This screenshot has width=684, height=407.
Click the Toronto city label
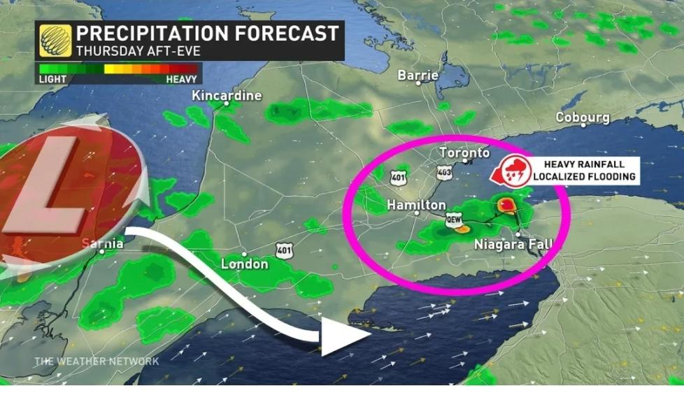(x=464, y=152)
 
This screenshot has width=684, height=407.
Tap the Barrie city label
(x=418, y=75)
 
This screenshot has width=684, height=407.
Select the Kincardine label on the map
(x=227, y=95)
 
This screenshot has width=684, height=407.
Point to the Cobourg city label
(x=583, y=117)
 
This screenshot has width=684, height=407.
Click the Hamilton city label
(x=417, y=205)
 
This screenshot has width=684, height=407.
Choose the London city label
(x=244, y=264)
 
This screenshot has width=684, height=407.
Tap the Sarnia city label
(x=102, y=243)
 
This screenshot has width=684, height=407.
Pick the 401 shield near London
(x=284, y=250)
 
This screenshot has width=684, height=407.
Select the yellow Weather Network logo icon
(x=55, y=40)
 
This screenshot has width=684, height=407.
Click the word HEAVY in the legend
(x=181, y=80)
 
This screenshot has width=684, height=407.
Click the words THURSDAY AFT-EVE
(x=127, y=50)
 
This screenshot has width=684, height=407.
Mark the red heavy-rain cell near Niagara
(x=505, y=204)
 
